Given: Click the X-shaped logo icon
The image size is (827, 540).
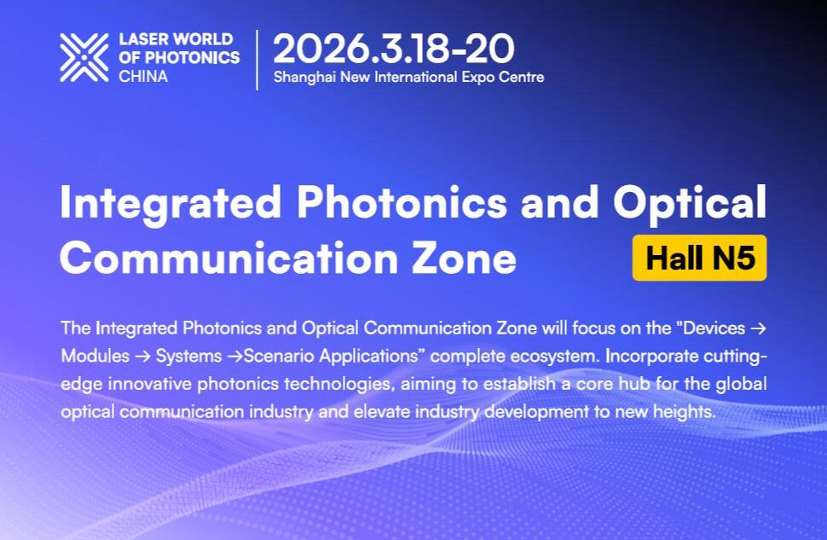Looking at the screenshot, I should click(x=84, y=57).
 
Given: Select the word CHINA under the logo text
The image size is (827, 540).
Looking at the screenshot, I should click(x=143, y=76).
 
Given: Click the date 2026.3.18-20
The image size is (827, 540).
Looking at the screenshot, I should click(x=394, y=49).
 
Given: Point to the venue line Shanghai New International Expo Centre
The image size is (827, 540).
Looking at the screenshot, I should click(x=408, y=77).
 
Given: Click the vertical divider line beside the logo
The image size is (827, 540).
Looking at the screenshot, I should click(x=257, y=59).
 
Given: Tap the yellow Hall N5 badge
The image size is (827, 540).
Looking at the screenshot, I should click(x=700, y=258).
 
